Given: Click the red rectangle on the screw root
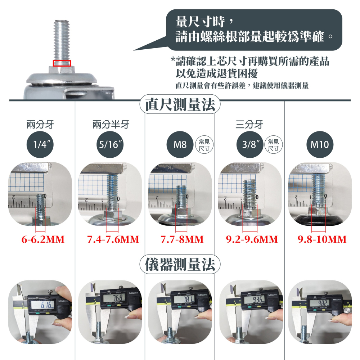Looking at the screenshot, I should pos(62,63).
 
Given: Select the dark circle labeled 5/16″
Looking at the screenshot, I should pos(111,145).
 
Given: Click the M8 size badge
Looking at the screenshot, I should pos(180,145).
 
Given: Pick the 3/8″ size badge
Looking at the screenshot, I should pos(251,145).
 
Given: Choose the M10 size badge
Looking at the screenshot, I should pos(320,145).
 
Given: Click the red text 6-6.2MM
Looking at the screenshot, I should pos(43,239).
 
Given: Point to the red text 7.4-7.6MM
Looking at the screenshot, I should pos(113,239).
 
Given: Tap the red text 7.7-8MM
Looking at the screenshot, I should pos(182,239).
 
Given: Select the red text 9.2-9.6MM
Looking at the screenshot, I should pos(252,239).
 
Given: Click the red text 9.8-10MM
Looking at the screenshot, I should pos(322,239).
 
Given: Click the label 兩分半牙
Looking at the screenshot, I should pos(111,125).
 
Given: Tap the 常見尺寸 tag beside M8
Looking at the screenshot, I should pos(204,145).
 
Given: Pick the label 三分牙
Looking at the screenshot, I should pos(249,125).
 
